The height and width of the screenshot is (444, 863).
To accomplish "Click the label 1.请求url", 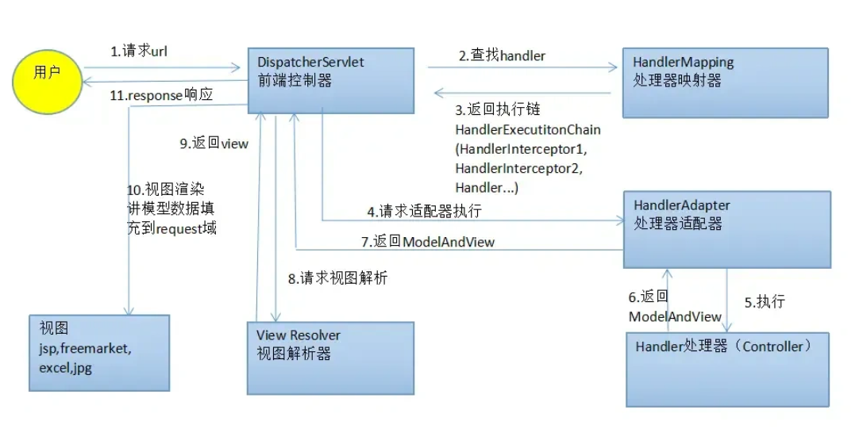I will tap(139, 52).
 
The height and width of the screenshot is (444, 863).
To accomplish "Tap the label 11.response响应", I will tap(166, 95).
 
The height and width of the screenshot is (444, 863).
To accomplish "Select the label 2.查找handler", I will tap(502, 55).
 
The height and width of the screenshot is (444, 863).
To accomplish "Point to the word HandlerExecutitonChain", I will tap(528, 129).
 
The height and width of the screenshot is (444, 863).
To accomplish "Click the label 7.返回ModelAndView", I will tap(428, 242).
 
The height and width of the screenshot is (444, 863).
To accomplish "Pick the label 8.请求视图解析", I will tap(337, 278).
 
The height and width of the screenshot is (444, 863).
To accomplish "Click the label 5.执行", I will tap(765, 302).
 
